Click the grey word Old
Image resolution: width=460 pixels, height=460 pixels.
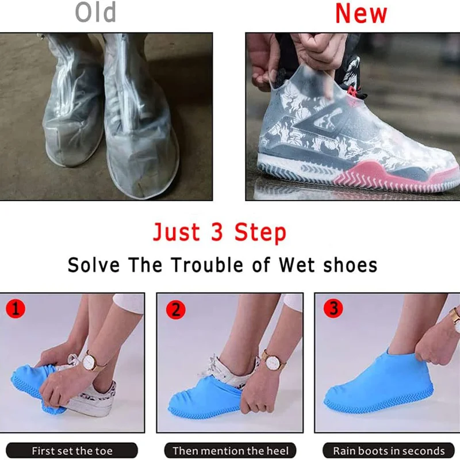(95, 13)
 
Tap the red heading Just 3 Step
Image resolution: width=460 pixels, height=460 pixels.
(219, 233)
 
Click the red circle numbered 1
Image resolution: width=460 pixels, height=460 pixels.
(15, 309)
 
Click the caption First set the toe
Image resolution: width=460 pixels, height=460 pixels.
(72, 451)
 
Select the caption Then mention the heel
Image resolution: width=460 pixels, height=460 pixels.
(230, 451)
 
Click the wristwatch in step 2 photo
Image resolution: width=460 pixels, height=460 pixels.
(273, 361)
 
